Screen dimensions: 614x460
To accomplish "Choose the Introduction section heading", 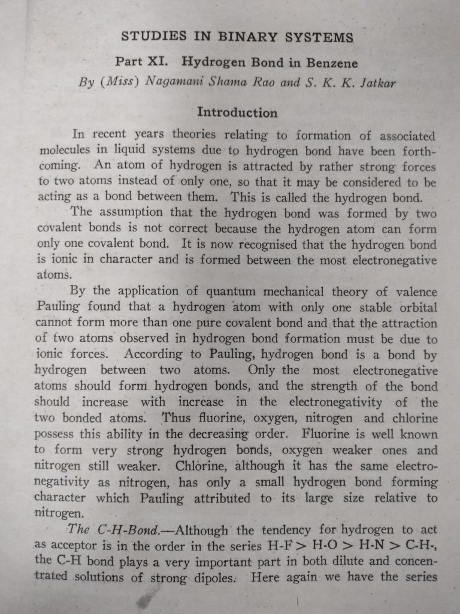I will pos(237,113).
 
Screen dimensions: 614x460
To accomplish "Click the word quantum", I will pos(232,292).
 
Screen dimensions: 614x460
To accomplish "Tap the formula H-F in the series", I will pos(276,546).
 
